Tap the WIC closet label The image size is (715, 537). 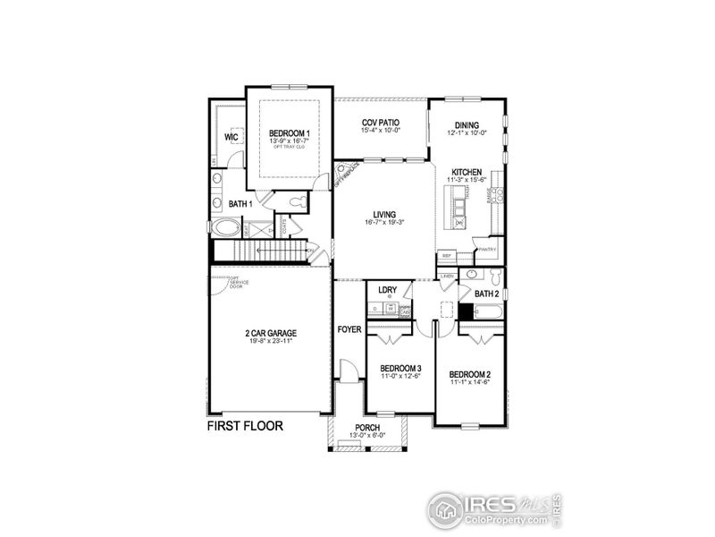(231, 138)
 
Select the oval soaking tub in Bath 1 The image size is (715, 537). (224, 228)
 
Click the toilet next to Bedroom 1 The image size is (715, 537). (298, 204)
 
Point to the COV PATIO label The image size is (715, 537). (380, 123)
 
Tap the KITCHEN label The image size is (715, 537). (467, 172)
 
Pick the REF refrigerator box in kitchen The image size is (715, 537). (447, 256)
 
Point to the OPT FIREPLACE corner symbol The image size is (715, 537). (345, 172)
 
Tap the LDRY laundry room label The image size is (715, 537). (388, 289)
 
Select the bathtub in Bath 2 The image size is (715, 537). (487, 312)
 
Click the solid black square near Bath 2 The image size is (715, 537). (465, 312)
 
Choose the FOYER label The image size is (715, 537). (349, 329)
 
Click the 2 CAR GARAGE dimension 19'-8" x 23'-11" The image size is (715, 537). (271, 341)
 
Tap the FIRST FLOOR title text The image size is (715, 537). (245, 426)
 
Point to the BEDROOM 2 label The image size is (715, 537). (469, 374)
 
